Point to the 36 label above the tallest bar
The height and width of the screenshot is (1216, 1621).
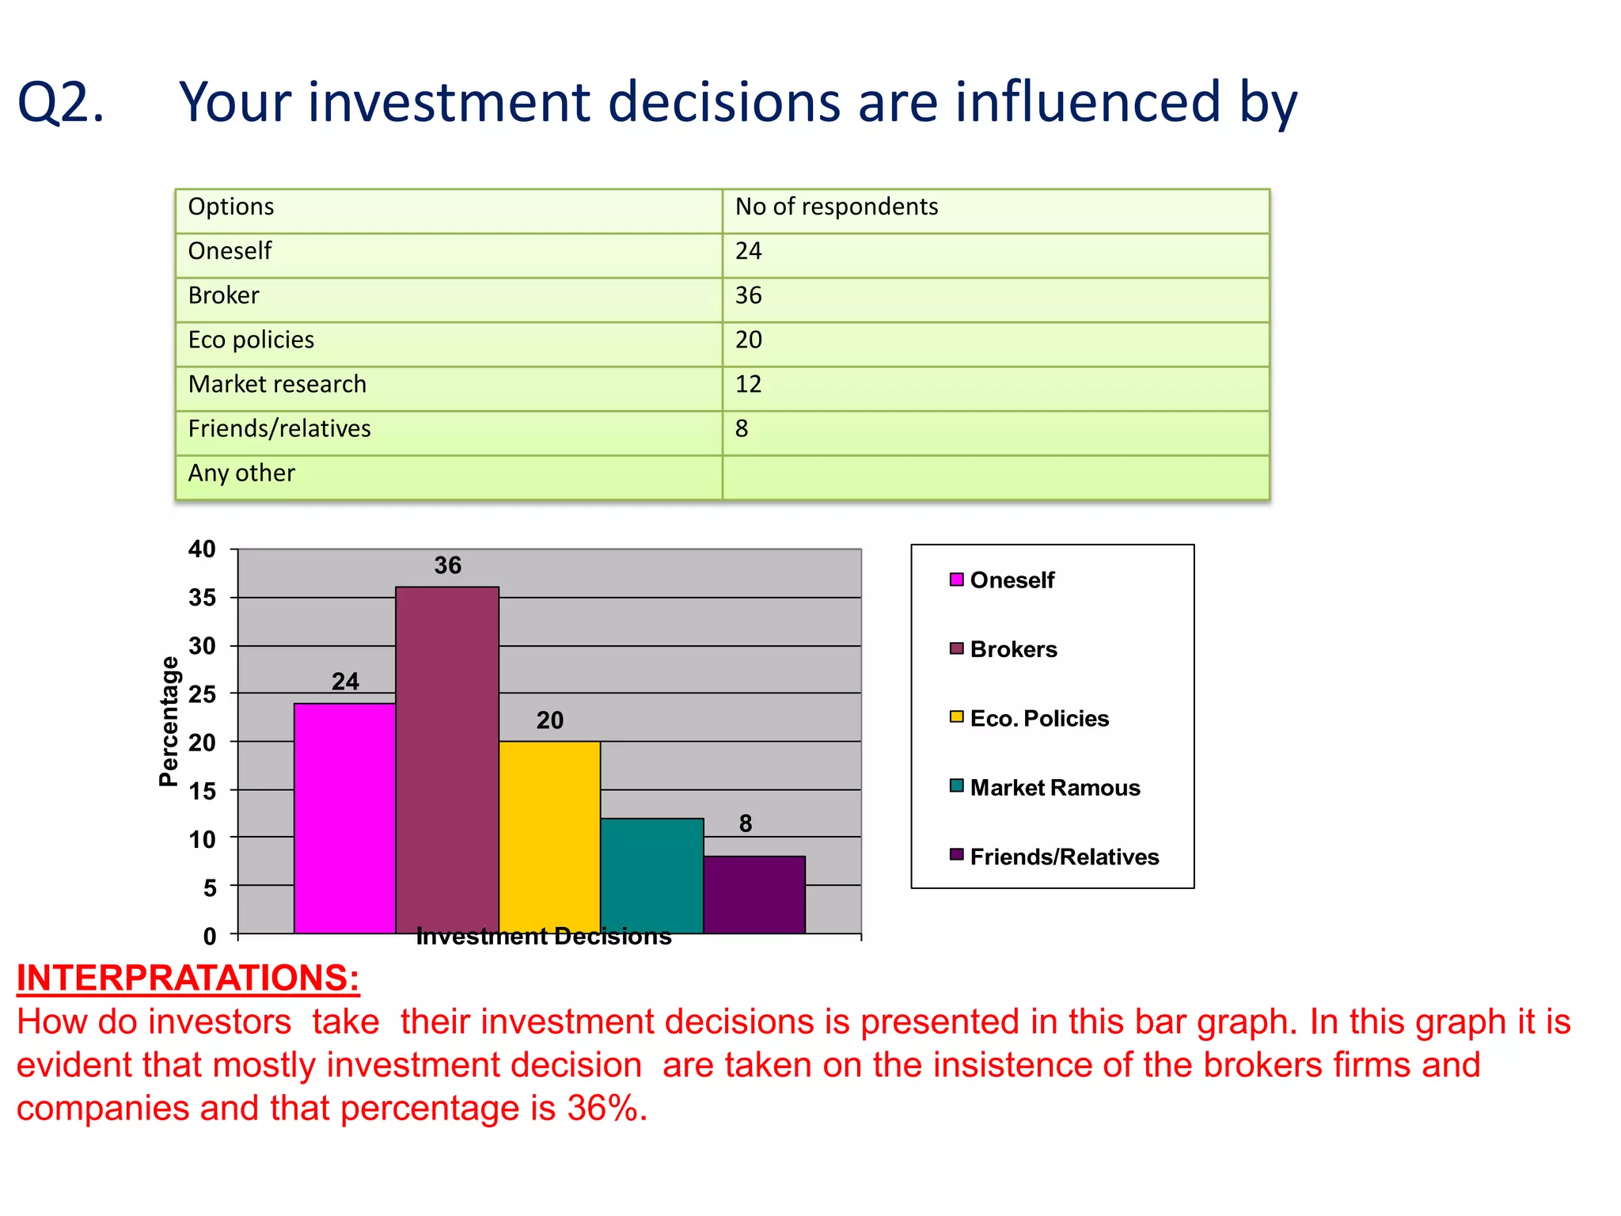pyautogui.click(x=447, y=565)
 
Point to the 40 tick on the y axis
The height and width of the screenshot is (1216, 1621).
pyautogui.click(x=202, y=549)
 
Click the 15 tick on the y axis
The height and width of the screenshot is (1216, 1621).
pyautogui.click(x=202, y=791)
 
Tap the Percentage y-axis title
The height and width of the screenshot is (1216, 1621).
pyautogui.click(x=169, y=721)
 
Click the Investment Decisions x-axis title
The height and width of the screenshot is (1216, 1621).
pyautogui.click(x=544, y=937)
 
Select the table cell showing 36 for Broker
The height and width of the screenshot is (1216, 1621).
pyautogui.click(x=749, y=296)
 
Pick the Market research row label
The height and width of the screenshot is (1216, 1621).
pyautogui.click(x=277, y=385)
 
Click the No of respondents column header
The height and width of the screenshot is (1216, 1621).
pyautogui.click(x=836, y=207)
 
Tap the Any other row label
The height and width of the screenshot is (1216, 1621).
pyautogui.click(x=241, y=473)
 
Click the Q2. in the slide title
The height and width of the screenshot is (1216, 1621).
pyautogui.click(x=61, y=103)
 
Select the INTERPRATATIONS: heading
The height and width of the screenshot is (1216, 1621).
pyautogui.click(x=188, y=978)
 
